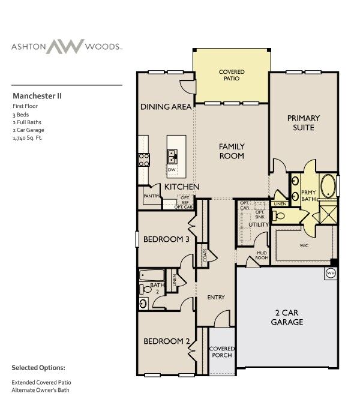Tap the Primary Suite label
point(303,122)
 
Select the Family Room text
point(231,151)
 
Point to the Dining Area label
point(166,107)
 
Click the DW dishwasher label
point(172,170)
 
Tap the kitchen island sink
point(172,157)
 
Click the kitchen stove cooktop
point(145,160)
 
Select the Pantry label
point(150,196)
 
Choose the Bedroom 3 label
point(167,239)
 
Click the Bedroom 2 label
point(167,341)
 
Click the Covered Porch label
point(221,352)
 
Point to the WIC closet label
point(304,245)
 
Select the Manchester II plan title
point(37,95)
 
